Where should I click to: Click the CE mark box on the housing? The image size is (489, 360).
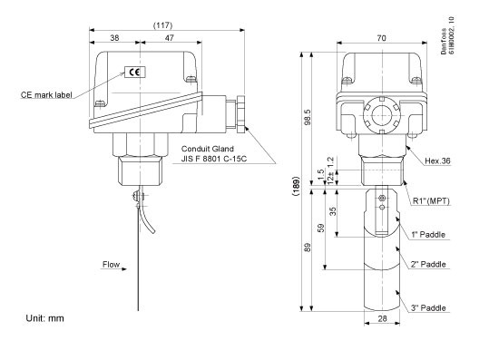135,72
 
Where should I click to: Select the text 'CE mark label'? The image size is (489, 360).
46,94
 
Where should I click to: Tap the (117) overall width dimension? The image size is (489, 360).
162,25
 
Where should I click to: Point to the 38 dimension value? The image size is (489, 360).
114,38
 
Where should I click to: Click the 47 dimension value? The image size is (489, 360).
169,38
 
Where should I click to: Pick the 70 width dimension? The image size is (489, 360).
381,38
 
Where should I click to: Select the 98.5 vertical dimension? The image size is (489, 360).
308,117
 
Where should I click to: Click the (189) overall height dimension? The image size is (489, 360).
297,186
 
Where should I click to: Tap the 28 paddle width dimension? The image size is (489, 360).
382,318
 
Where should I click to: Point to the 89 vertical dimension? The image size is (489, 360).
308,248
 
